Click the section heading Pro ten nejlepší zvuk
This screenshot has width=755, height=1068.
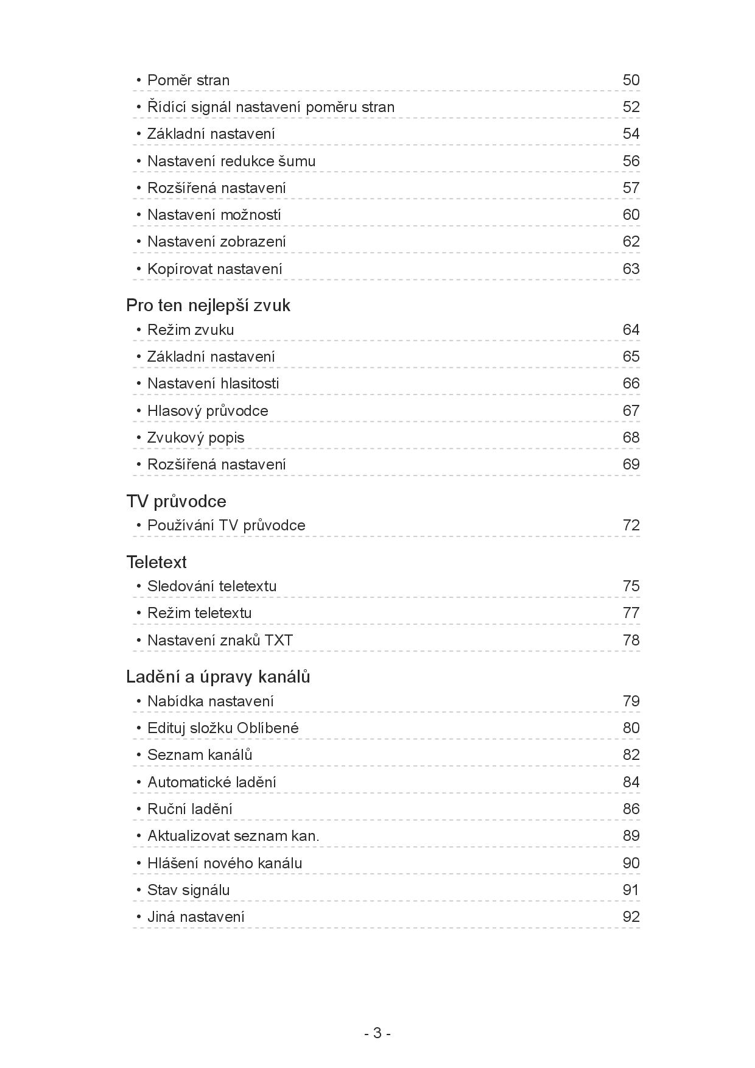point(208,306)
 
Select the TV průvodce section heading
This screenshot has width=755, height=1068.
point(176,501)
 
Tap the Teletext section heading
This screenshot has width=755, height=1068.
point(156,562)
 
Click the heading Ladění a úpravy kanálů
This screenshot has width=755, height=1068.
point(218,677)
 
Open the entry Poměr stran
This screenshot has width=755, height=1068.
point(188,80)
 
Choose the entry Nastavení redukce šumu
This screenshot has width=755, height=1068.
point(231,161)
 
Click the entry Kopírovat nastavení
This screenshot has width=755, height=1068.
point(214,269)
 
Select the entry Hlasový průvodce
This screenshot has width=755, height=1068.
point(208,411)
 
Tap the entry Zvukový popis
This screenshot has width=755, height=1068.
point(195,438)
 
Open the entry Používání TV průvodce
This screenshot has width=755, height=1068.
point(226,525)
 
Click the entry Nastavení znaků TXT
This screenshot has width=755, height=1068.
point(220,641)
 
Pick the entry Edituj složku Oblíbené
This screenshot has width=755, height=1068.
point(223,728)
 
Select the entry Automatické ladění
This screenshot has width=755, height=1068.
point(211,782)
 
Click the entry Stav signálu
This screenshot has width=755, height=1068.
point(188,890)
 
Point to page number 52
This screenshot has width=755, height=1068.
point(631,107)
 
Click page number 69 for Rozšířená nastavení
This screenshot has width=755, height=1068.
point(631,465)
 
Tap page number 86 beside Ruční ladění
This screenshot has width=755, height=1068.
point(631,809)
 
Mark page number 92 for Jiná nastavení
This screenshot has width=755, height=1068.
point(631,917)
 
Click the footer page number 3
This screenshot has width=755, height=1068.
point(377,1033)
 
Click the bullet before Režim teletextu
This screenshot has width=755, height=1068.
point(139,613)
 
